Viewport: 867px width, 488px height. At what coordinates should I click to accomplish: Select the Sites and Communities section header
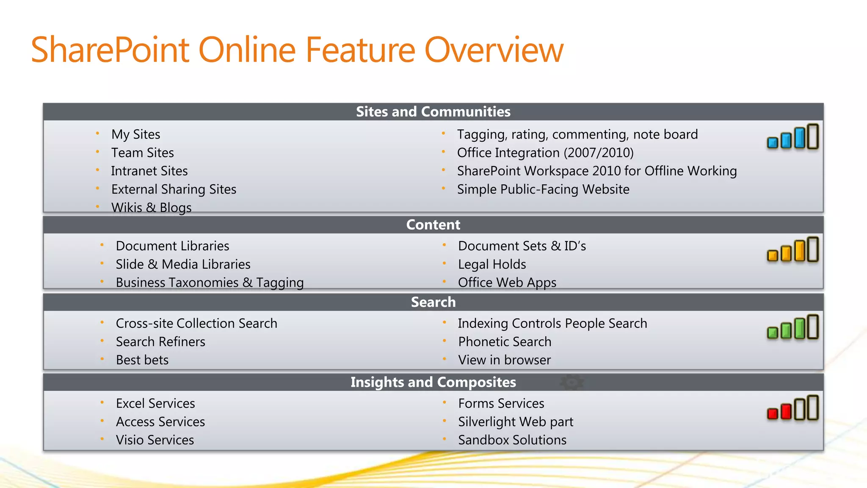tap(433, 112)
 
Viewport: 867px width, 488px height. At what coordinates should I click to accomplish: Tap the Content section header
tap(433, 225)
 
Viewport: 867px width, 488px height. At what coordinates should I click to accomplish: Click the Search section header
tap(433, 302)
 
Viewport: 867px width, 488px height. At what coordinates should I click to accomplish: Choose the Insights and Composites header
tap(433, 382)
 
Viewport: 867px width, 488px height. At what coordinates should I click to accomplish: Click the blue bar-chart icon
tap(792, 137)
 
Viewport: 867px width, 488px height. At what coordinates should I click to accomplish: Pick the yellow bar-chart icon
tap(792, 250)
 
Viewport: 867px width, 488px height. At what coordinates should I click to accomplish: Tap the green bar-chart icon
tap(792, 327)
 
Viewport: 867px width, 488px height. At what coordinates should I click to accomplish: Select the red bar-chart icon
tap(792, 408)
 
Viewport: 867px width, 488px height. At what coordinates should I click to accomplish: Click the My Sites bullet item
tap(135, 134)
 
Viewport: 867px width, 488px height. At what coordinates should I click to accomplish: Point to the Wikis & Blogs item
tap(151, 208)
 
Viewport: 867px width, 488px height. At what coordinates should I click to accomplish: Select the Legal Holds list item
tap(492, 264)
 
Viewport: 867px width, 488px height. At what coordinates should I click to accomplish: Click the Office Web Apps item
tap(507, 283)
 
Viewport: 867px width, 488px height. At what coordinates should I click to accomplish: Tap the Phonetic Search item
tap(505, 341)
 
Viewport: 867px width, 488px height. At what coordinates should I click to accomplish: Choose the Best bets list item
tap(142, 360)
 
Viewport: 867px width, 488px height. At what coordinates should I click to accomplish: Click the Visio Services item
tap(155, 440)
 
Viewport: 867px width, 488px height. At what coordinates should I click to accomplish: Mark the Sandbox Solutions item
tap(512, 440)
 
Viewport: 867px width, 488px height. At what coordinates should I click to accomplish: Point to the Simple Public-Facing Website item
tap(543, 189)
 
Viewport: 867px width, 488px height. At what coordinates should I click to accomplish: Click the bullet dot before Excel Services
tap(102, 402)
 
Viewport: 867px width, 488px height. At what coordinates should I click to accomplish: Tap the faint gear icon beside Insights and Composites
tap(572, 382)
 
